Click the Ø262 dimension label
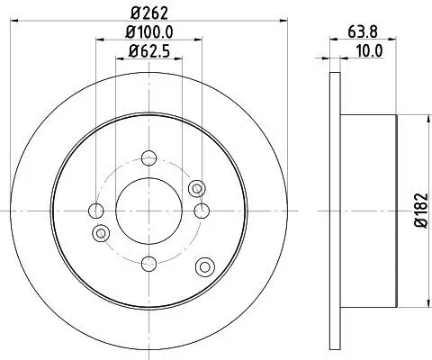pos(148,13)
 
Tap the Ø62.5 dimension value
pos(148,52)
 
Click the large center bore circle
pos(148,210)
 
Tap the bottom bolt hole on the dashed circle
pos(148,263)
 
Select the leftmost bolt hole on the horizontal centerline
pos(96,211)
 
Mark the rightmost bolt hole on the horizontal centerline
pos(202,211)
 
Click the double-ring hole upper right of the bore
pos(197,188)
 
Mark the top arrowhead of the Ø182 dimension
pos(400,119)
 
